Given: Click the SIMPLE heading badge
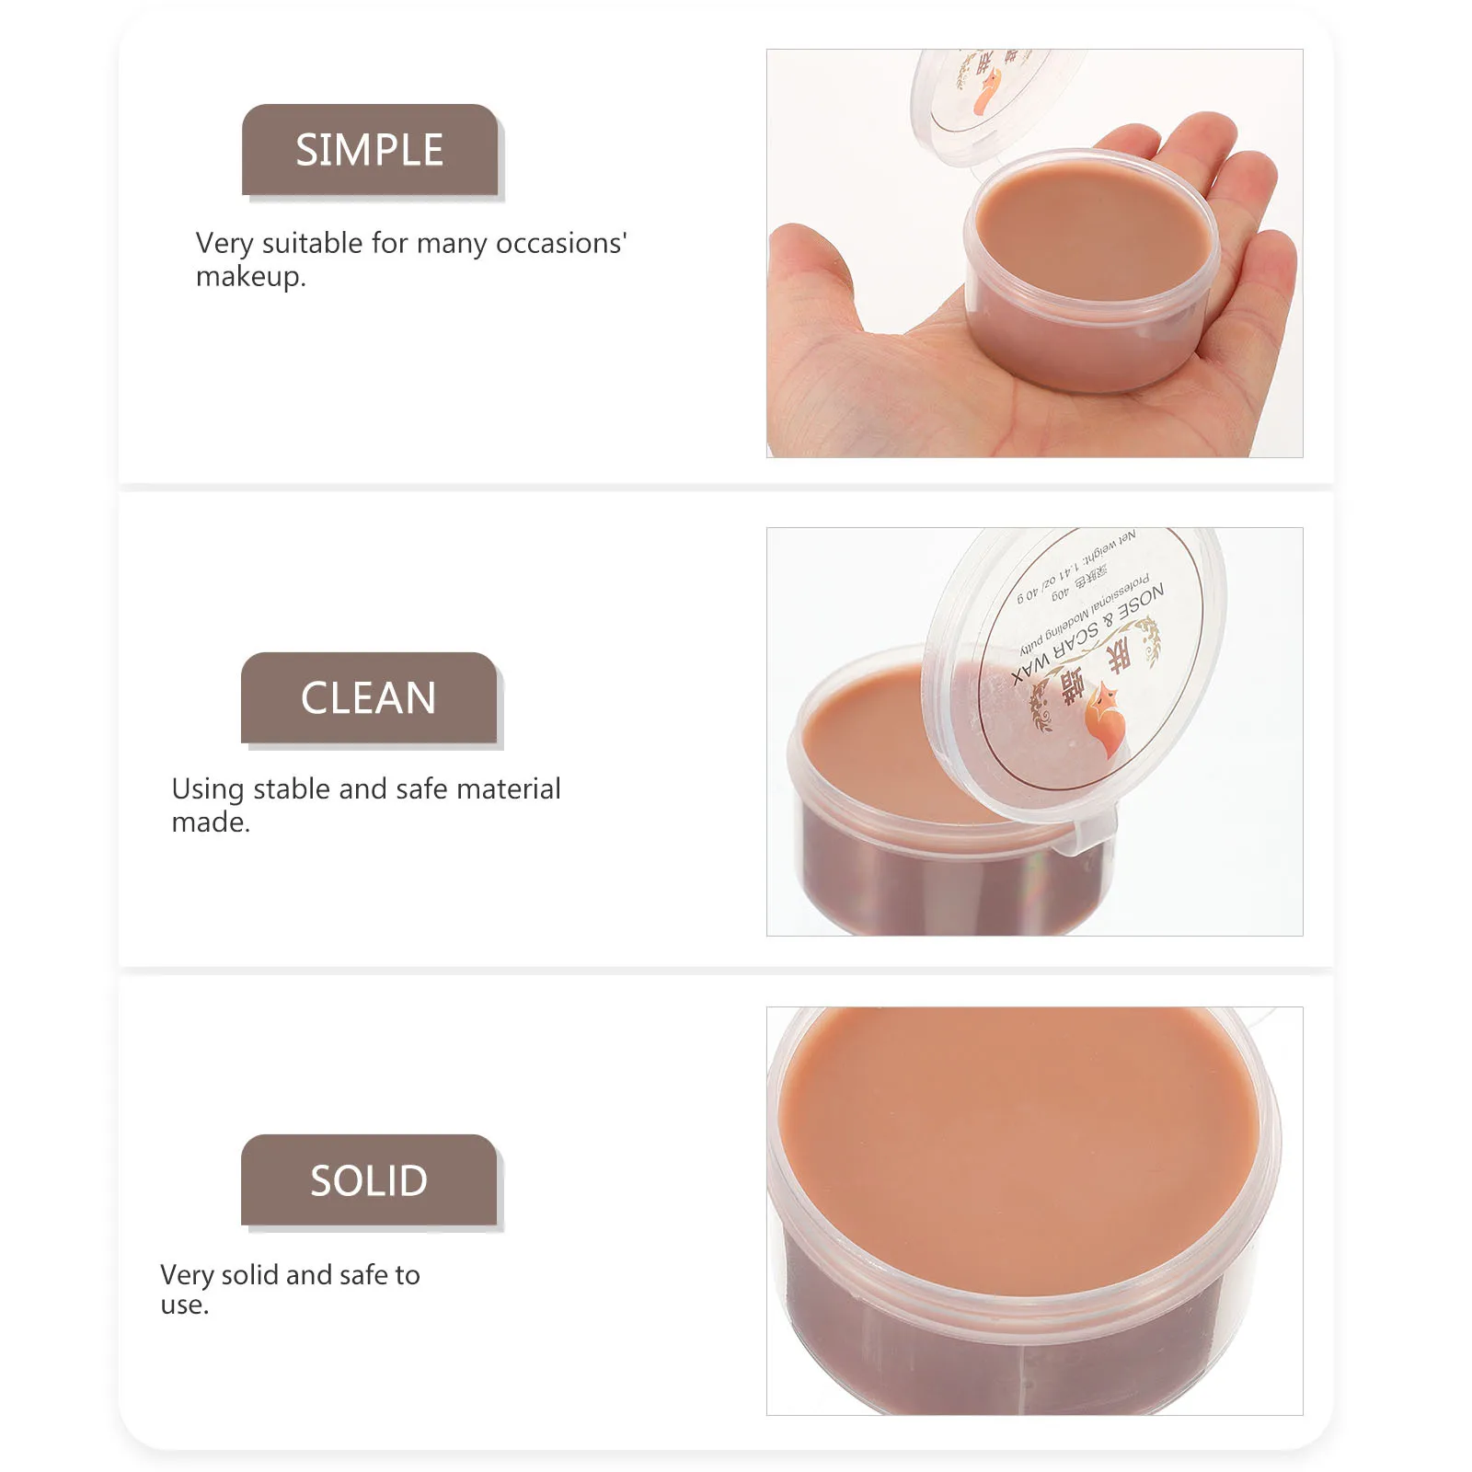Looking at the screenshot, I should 370,150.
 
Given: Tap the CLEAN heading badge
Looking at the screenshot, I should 369,698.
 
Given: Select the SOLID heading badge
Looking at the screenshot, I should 369,1180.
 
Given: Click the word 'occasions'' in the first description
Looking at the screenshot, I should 561,244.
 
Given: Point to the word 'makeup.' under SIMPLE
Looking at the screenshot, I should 250,277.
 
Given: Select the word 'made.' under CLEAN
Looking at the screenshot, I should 211,822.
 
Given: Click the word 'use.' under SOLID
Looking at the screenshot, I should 184,1305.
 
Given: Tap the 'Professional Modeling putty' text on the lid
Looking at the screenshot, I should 1086,612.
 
